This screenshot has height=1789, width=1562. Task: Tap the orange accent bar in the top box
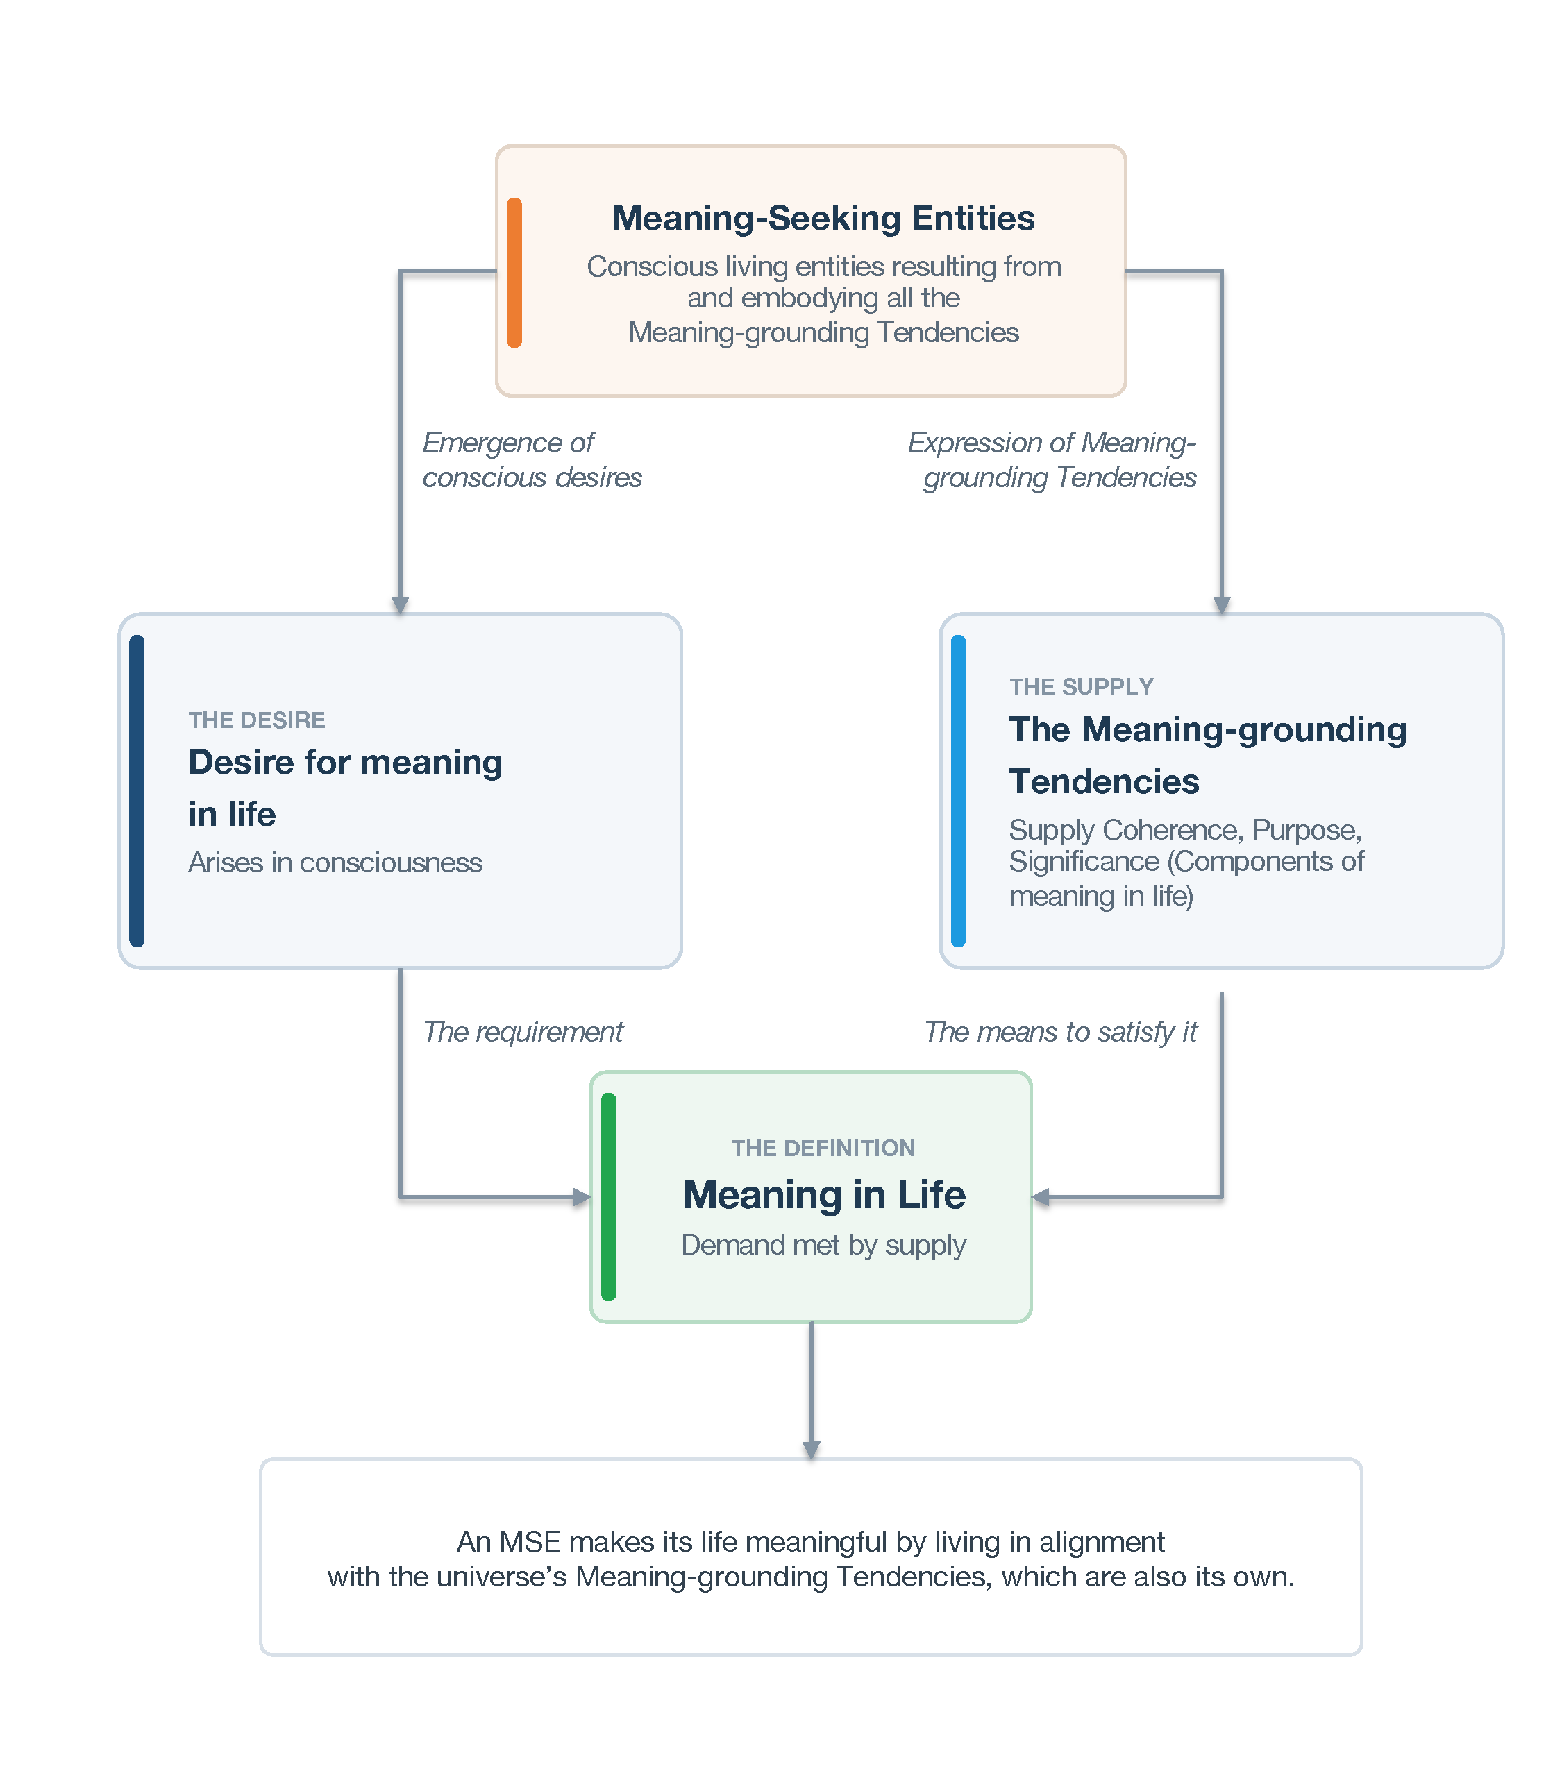coord(514,272)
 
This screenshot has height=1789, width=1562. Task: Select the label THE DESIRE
coord(256,720)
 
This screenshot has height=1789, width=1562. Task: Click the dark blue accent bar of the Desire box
coord(137,790)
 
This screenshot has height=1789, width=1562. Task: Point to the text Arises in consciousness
coord(335,863)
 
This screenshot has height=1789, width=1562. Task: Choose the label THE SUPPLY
coord(1081,687)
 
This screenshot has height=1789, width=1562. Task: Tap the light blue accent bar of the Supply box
coord(959,790)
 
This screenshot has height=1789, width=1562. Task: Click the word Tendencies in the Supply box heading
coord(1104,781)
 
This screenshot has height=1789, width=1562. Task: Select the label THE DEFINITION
coord(823,1148)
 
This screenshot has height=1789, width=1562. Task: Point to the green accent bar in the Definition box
coord(608,1196)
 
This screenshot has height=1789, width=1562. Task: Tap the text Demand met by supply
coord(824,1244)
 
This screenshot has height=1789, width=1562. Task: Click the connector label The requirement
coord(523,1032)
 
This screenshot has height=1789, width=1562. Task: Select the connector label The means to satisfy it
coord(1061,1032)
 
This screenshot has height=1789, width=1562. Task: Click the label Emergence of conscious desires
coord(532,460)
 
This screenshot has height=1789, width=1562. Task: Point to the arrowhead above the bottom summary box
coord(812,1450)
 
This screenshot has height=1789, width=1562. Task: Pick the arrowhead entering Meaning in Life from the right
coord(1040,1197)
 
